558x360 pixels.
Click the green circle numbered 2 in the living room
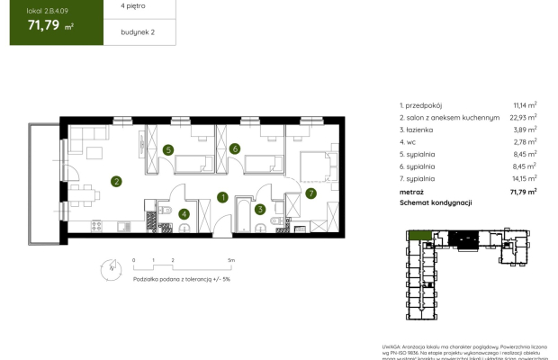click(x=117, y=181)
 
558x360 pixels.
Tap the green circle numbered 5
click(x=168, y=149)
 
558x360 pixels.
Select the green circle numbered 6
click(x=234, y=149)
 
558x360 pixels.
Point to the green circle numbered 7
click(x=311, y=193)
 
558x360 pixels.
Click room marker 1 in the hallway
click(x=222, y=197)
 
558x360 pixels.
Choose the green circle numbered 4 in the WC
click(x=184, y=213)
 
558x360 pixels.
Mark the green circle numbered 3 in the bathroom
click(x=260, y=210)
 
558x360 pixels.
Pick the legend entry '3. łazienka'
click(x=418, y=130)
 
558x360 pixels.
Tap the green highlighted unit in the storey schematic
click(x=418, y=236)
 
